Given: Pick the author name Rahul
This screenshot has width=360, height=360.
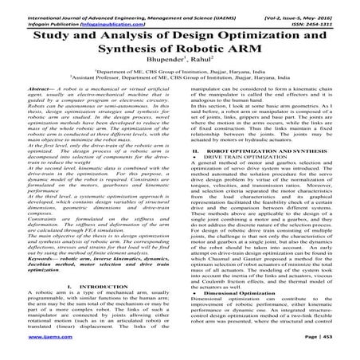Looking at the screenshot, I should [205, 65].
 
